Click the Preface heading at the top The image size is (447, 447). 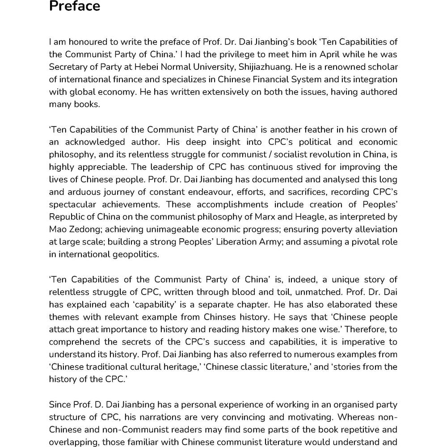pyautogui.click(x=74, y=7)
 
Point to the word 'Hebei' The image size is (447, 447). pyautogui.click(x=166, y=67)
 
